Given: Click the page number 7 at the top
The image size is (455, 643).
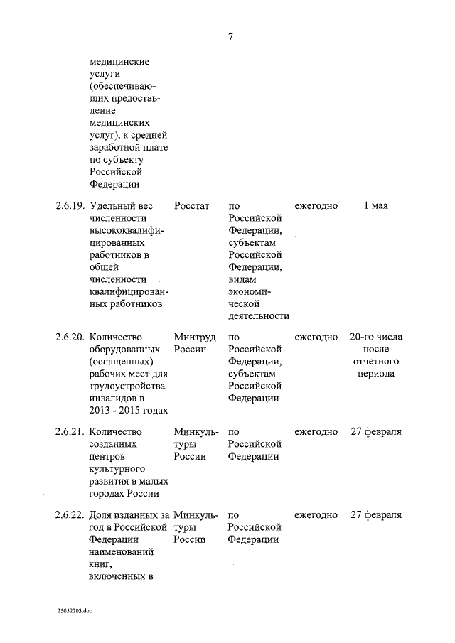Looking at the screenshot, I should [x=230, y=38].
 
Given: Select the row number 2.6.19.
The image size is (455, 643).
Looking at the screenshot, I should [x=70, y=206].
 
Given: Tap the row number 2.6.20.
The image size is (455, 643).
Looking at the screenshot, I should [x=70, y=337].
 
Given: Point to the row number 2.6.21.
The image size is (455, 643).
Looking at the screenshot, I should [x=70, y=432].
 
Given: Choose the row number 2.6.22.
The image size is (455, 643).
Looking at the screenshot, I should [x=70, y=515].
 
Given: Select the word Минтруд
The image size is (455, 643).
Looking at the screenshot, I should [x=195, y=337].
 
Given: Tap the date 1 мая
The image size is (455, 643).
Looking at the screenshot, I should [x=375, y=206].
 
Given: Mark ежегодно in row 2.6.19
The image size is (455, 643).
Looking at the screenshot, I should [x=316, y=206].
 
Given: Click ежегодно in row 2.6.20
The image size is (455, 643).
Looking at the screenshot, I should [x=316, y=337].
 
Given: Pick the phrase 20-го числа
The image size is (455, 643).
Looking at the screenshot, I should [x=376, y=337].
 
